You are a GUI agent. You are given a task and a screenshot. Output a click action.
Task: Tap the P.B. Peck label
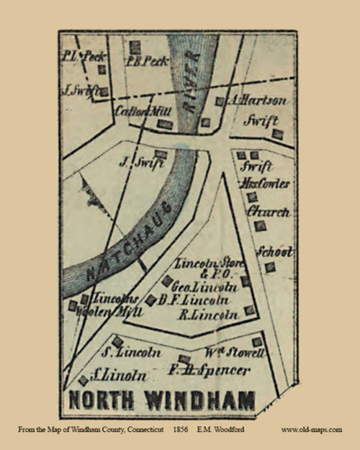pyautogui.click(x=148, y=61)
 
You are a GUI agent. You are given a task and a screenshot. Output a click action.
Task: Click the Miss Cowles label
pyautogui.click(x=266, y=184)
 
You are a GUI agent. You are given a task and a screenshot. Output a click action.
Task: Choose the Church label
pyautogui.click(x=267, y=212)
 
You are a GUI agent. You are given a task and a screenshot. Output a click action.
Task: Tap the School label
pyautogui.click(x=275, y=252)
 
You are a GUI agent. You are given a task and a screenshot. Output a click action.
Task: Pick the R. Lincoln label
pyautogui.click(x=208, y=315)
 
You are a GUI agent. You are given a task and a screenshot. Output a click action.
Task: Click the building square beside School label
pyautogui.click(x=269, y=267)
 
